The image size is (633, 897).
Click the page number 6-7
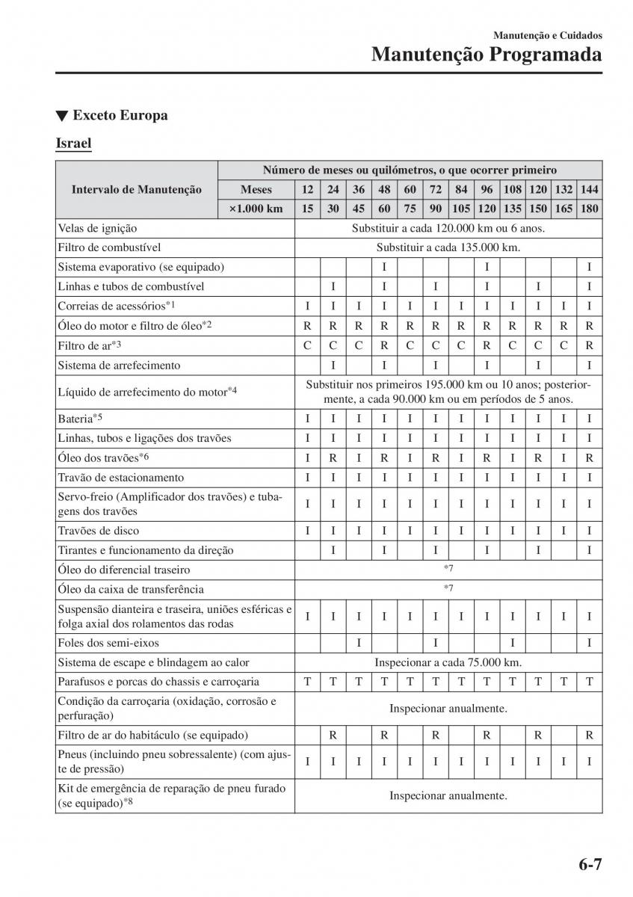tap(589, 866)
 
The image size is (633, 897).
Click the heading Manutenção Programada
tap(487, 54)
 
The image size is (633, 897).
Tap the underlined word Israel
tap(73, 142)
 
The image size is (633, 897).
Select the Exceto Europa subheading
tap(111, 115)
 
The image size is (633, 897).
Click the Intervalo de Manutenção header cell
tap(137, 190)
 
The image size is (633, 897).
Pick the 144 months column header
tap(589, 190)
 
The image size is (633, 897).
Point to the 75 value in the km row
tap(410, 209)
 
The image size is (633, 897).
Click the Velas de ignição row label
tap(97, 228)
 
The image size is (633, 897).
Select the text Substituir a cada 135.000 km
tap(448, 247)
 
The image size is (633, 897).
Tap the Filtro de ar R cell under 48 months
tap(383, 345)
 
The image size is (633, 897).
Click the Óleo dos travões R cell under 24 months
tap(333, 457)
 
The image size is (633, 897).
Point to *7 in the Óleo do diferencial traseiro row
tap(448, 570)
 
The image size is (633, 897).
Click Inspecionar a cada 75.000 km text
tap(448, 662)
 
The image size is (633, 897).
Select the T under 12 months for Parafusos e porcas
tap(307, 682)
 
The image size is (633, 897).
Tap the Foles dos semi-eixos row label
tap(108, 643)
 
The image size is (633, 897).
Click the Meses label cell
tap(256, 190)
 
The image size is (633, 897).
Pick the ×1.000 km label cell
tap(256, 209)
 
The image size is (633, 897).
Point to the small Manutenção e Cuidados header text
tap(547, 34)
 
